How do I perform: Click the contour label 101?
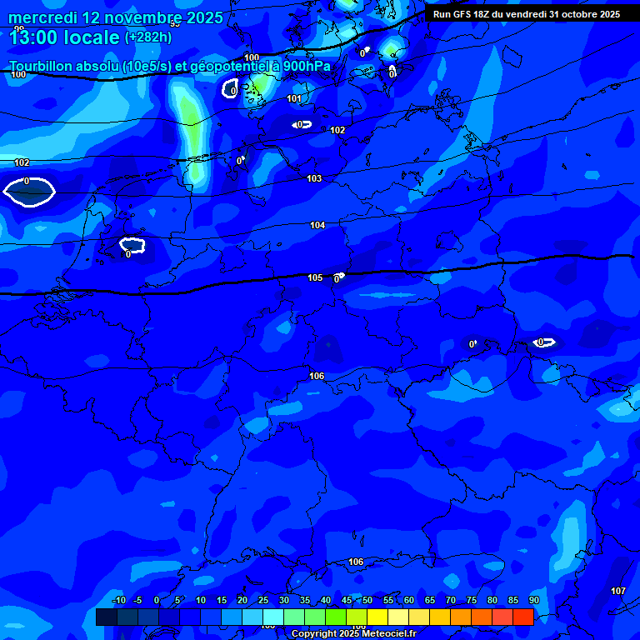coord(294,98)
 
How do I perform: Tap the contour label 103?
coord(314,179)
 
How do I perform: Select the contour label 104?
coord(317,226)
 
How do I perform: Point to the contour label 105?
coord(315,277)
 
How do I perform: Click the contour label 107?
coord(617,591)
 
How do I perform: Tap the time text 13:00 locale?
coord(64,37)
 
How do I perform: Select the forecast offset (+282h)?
coord(149,37)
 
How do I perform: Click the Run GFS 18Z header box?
coord(526,14)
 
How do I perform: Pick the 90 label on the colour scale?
coord(533,601)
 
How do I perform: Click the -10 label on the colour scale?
coord(118,601)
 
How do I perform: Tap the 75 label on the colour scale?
coord(471,601)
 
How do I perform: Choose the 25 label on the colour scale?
coord(262,601)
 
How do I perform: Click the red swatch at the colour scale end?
coord(522,617)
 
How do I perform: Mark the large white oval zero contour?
coord(29,192)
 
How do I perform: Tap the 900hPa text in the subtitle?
coord(306,66)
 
